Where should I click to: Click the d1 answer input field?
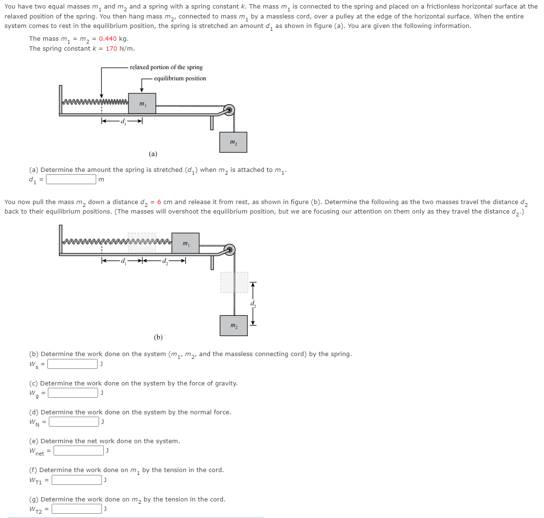[71, 179]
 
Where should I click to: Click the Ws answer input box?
[73, 364]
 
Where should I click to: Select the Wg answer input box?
[73, 393]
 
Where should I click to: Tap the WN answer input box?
[74, 422]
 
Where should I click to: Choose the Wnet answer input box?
[79, 451]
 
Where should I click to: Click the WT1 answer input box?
[77, 480]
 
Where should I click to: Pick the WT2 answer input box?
[77, 509]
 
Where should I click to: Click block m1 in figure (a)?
[142, 103]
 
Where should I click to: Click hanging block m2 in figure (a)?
[233, 142]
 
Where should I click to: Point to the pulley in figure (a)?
[229, 110]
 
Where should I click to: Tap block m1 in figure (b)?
[185, 243]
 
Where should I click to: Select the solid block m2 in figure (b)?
[234, 326]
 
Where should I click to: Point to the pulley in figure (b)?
[230, 250]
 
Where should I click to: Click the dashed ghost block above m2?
[234, 283]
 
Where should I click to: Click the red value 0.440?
[108, 39]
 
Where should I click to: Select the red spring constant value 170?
[111, 49]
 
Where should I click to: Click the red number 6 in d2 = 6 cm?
[159, 202]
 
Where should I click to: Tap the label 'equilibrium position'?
[180, 79]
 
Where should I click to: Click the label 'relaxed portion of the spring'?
[166, 67]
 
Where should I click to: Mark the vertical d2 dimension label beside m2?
[254, 304]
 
